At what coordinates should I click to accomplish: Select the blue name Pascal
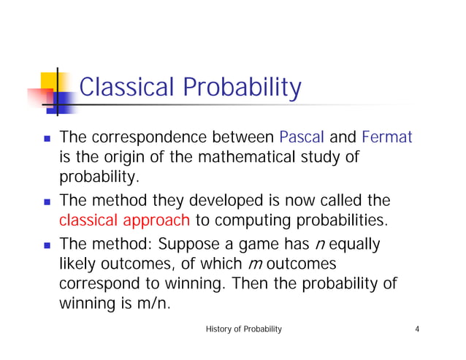pos(303,137)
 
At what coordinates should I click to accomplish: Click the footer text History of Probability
pos(244,330)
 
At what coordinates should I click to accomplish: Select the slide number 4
pos(416,330)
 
